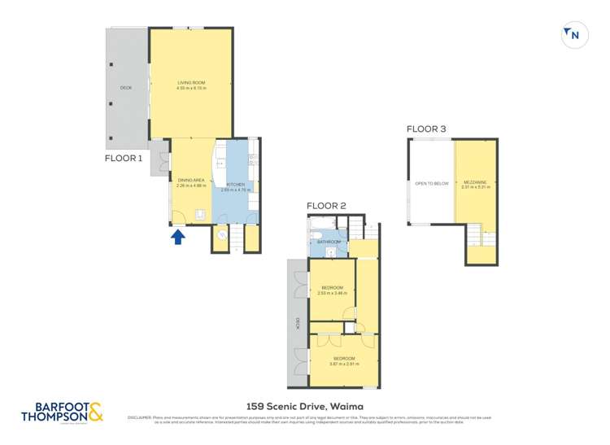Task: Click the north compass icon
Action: [x=575, y=35]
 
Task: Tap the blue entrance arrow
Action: [x=179, y=237]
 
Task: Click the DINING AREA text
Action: [x=190, y=180]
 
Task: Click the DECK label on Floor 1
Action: [x=126, y=87]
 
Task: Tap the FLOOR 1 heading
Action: [x=124, y=159]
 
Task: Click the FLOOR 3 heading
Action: [x=426, y=129]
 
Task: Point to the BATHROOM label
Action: [x=329, y=242]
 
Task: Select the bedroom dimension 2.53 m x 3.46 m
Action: [x=333, y=293]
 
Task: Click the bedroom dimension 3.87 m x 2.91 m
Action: [x=343, y=364]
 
